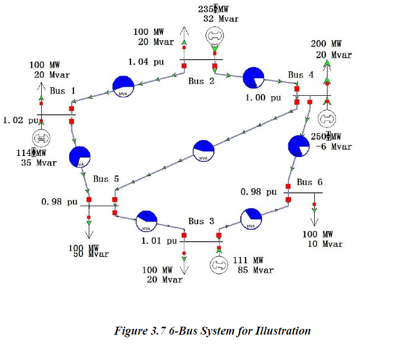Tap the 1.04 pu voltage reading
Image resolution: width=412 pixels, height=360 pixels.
click(x=146, y=62)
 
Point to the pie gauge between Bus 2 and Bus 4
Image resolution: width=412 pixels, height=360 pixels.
click(x=254, y=78)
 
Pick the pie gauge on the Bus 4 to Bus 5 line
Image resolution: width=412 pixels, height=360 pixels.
click(x=204, y=151)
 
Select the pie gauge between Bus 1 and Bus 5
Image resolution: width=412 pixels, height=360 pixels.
click(x=80, y=156)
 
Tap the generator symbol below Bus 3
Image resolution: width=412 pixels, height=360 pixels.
click(x=218, y=264)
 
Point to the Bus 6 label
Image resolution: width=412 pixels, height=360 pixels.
click(x=309, y=182)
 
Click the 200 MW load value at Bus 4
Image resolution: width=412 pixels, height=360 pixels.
click(x=326, y=44)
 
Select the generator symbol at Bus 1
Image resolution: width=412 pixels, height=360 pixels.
click(x=41, y=139)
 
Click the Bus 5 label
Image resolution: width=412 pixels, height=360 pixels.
click(x=106, y=179)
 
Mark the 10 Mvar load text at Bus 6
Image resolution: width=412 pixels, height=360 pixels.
click(x=325, y=244)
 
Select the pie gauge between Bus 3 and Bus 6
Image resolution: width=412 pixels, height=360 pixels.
click(x=251, y=218)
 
